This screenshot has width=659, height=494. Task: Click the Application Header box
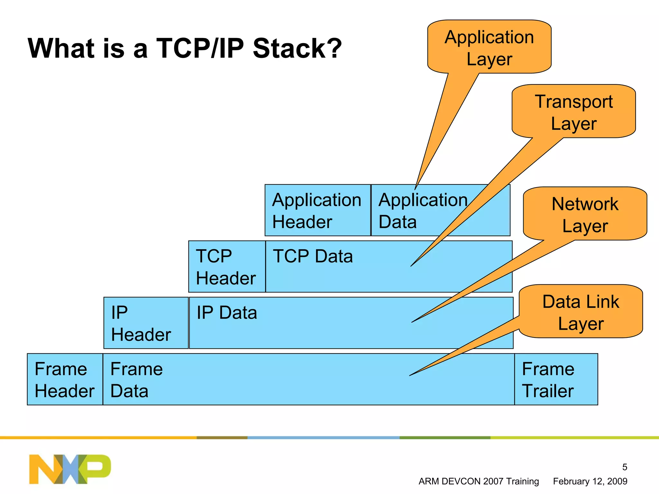point(317,210)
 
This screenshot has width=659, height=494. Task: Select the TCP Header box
point(227,267)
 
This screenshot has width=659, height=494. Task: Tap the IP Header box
point(145,323)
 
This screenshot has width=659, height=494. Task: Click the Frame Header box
point(65,379)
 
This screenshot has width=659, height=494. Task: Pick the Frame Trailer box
point(556,379)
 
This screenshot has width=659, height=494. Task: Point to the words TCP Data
point(313,256)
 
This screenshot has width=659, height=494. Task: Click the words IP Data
point(227,313)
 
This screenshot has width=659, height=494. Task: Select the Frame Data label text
point(136,380)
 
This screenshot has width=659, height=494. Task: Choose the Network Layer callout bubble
point(585,214)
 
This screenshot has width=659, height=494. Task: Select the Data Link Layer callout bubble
point(581,312)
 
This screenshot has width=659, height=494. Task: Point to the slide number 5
point(625,467)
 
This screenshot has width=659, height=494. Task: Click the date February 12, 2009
point(590,481)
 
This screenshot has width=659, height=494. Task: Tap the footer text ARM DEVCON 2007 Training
point(478,481)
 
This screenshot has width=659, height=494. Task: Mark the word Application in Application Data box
point(423,200)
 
